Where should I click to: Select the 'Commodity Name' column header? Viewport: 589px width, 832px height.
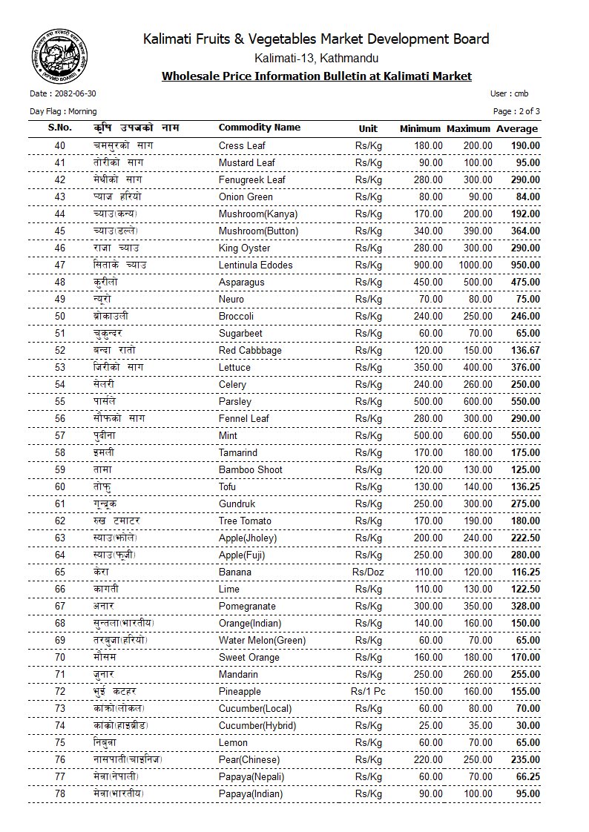[x=259, y=128]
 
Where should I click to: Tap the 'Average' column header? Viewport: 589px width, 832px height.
[x=517, y=129]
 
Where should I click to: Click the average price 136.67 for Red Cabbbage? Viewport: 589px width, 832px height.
[x=524, y=350]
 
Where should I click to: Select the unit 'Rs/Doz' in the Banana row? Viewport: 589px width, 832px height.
[x=368, y=572]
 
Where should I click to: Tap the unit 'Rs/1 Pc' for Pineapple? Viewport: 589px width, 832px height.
[x=368, y=691]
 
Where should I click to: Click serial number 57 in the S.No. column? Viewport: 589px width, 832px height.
[x=60, y=435]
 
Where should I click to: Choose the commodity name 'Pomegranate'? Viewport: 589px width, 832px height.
[x=247, y=606]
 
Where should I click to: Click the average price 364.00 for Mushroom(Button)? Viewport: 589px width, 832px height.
[x=524, y=231]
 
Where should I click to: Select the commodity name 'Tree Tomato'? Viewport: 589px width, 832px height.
[x=245, y=521]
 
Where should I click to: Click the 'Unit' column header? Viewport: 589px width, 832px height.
[x=368, y=128]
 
